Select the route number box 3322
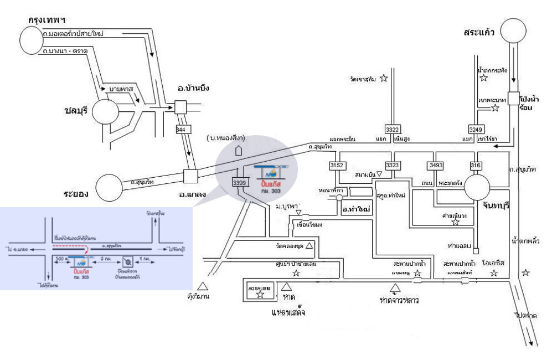point(393,129)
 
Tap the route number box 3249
point(476,129)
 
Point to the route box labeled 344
point(180,129)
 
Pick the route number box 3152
point(336,165)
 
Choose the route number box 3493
point(435,165)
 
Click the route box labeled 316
point(476,165)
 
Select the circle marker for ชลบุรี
point(105,112)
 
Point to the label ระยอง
point(76,194)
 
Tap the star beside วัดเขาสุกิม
point(383,79)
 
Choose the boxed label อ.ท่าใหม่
point(356,209)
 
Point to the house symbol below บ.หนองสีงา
point(239,150)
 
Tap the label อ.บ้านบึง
point(193,89)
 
